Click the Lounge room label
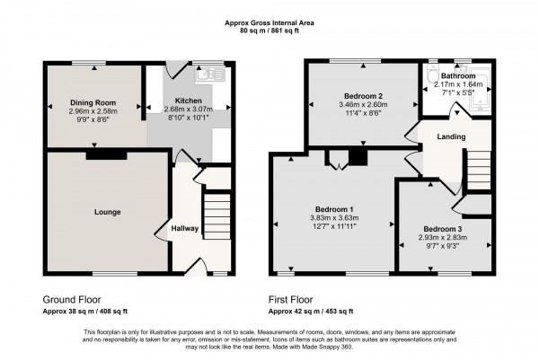pyautogui.click(x=107, y=212)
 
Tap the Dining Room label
pyautogui.click(x=93, y=102)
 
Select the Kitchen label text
pyautogui.click(x=189, y=101)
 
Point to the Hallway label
pyautogui.click(x=185, y=228)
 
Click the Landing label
pyautogui.click(x=451, y=136)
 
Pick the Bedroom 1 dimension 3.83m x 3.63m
pyautogui.click(x=334, y=218)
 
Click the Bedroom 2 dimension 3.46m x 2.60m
pyautogui.click(x=363, y=104)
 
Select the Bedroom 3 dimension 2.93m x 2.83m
pyautogui.click(x=443, y=237)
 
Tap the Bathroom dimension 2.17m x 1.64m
pyautogui.click(x=458, y=84)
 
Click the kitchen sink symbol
pyautogui.click(x=210, y=74)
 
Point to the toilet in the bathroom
pyautogui.click(x=431, y=73)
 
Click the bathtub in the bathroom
pyautogui.click(x=481, y=89)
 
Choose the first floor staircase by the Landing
pyautogui.click(x=479, y=170)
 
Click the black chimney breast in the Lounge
pyautogui.click(x=106, y=155)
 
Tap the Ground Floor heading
pyautogui.click(x=72, y=300)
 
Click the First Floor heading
pyautogui.click(x=291, y=300)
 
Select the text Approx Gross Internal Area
pyautogui.click(x=269, y=23)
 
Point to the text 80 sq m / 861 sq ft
pyautogui.click(x=269, y=31)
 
